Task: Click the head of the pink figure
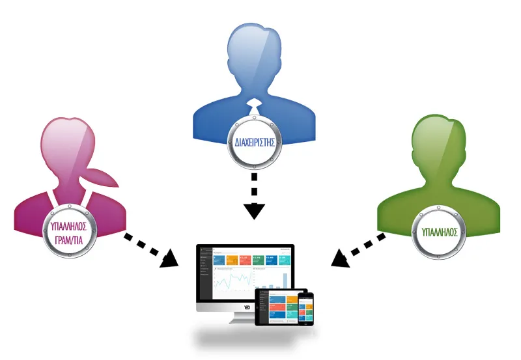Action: tap(69, 145)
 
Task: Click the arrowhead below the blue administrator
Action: tap(255, 211)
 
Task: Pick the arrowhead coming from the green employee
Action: tap(339, 259)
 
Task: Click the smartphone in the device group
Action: tap(305, 308)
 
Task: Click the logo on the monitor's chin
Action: tap(246, 307)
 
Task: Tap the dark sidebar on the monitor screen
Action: tap(205, 273)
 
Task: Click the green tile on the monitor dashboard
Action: tap(258, 260)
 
